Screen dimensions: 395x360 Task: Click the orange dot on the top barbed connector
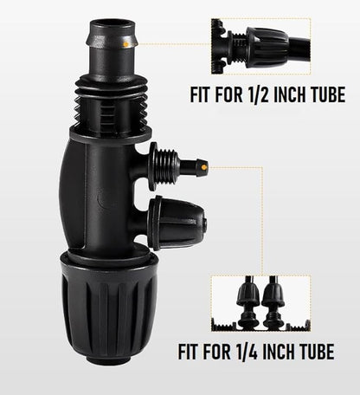tap(128, 40)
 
